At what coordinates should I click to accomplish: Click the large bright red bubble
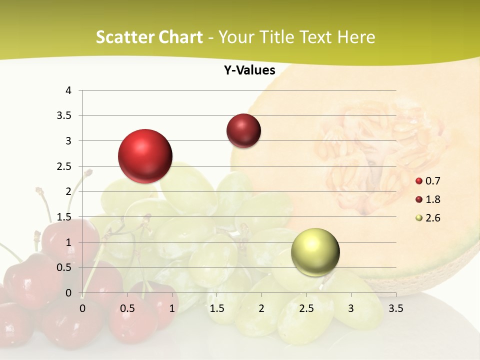145,156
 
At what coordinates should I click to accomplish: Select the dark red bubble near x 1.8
243,131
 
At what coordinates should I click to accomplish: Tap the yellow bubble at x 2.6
315,252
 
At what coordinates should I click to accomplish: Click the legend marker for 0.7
419,181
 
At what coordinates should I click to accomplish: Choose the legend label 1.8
432,199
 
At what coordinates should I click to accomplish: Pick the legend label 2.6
432,218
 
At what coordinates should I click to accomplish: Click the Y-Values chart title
249,70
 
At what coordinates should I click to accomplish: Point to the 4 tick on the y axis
68,90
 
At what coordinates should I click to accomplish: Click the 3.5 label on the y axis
65,116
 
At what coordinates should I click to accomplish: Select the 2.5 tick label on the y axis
65,166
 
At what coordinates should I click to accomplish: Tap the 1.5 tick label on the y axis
65,217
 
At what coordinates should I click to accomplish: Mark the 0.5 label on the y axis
65,267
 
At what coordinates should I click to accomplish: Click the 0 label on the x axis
82,308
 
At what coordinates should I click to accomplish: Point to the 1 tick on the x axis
172,308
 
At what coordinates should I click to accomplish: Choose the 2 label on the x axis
261,308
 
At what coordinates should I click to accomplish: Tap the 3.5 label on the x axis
395,308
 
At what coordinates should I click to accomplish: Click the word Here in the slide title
356,37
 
